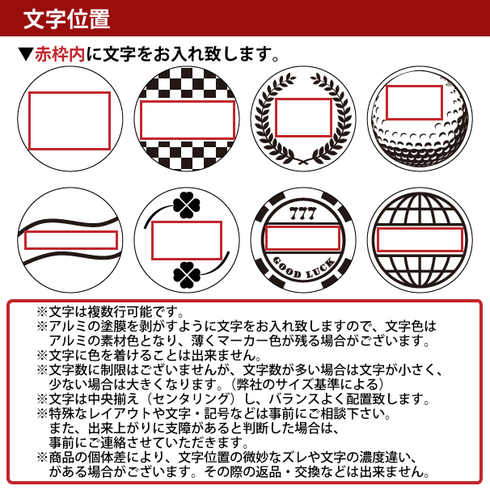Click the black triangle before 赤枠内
click(x=25, y=56)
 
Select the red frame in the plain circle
click(x=70, y=120)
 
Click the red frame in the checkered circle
click(x=188, y=120)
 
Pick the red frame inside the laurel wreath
click(x=303, y=118)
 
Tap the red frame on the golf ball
click(x=414, y=103)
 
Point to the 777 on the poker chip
click(x=301, y=213)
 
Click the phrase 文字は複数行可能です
click(x=116, y=311)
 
